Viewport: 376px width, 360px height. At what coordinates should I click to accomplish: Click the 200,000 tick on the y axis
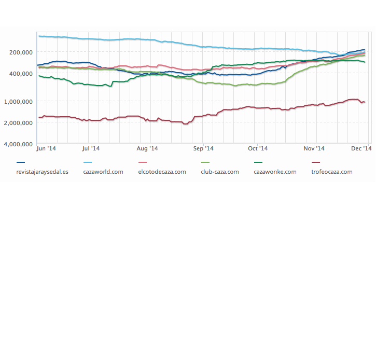tap(21, 52)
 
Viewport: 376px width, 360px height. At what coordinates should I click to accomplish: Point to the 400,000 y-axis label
tap(21, 74)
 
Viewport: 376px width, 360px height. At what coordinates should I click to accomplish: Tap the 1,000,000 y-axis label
tap(19, 101)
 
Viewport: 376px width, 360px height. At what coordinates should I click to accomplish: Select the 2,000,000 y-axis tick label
tap(19, 123)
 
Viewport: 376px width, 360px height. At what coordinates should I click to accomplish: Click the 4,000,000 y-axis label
tap(19, 144)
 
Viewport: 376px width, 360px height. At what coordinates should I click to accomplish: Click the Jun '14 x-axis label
tap(46, 148)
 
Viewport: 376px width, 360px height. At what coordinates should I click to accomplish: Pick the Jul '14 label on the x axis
tap(91, 148)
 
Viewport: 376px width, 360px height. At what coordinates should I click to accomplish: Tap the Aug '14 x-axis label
tap(147, 148)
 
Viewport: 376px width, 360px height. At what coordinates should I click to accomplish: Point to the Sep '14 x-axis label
tap(203, 148)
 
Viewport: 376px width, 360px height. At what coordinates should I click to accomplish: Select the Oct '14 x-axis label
tap(257, 148)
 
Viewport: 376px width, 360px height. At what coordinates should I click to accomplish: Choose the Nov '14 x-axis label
tap(314, 148)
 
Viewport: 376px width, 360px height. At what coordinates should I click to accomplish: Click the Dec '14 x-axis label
tap(361, 148)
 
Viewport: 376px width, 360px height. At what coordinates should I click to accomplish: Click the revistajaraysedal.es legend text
tap(43, 172)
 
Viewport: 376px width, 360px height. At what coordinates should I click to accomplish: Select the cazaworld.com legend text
tap(103, 172)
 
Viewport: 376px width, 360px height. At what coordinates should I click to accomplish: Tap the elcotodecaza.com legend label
tap(162, 172)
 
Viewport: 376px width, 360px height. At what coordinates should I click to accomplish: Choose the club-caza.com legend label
tap(219, 172)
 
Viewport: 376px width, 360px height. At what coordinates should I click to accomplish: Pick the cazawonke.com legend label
tap(275, 172)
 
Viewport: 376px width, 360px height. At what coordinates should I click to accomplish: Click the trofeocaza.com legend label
tap(331, 172)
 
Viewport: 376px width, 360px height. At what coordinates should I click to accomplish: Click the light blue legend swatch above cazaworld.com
tap(88, 163)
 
